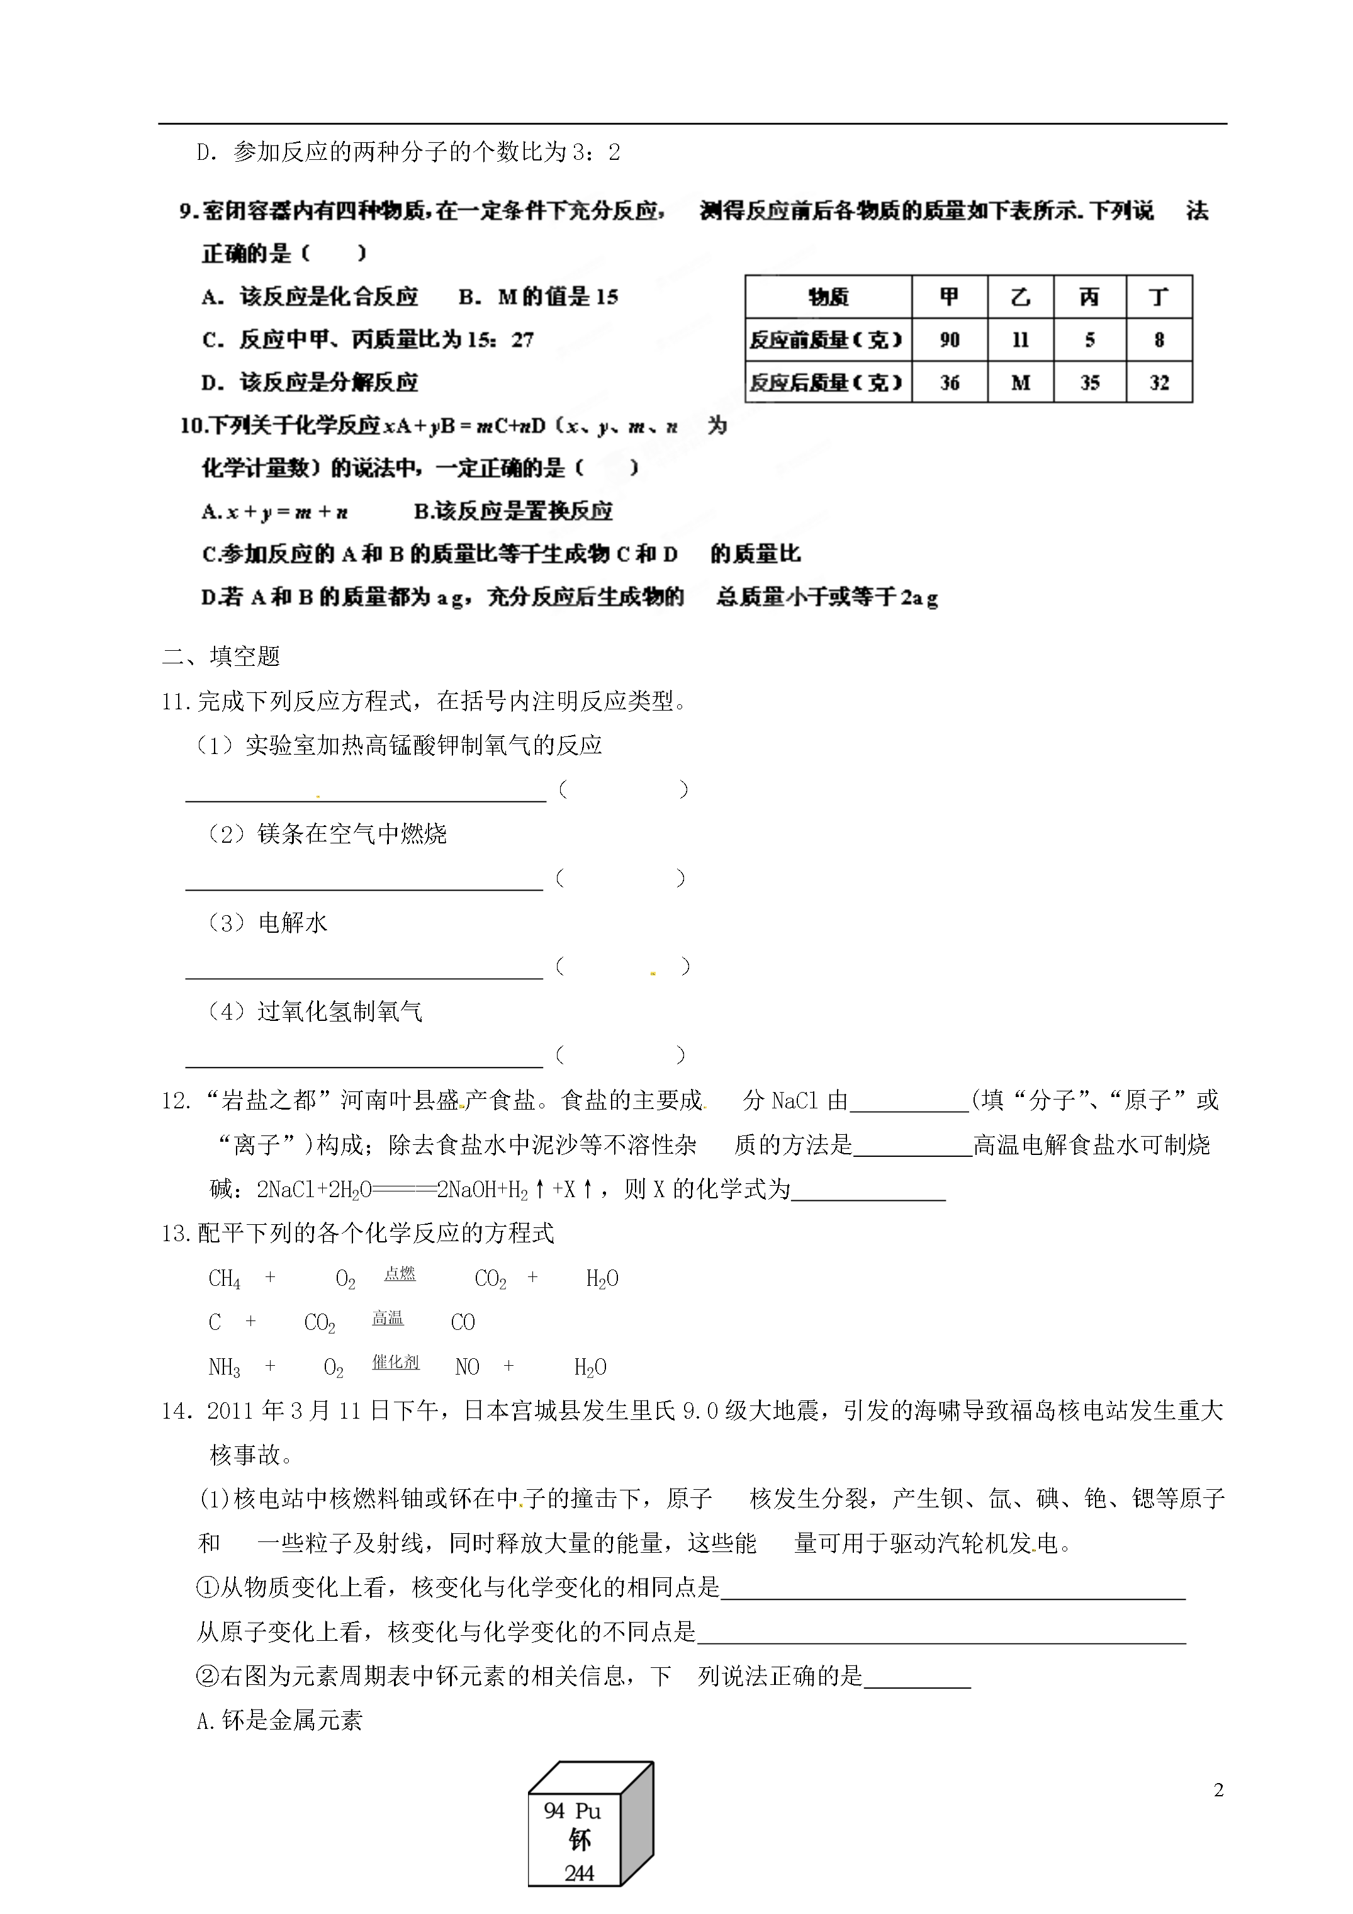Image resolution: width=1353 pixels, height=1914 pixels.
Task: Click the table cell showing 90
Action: pos(950,340)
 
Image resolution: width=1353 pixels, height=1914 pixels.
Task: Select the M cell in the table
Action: pos(1020,383)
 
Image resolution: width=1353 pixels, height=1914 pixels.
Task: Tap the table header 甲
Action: pos(950,297)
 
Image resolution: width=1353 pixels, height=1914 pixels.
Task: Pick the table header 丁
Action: pos(1159,297)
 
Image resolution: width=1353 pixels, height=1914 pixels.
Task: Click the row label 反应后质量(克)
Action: pos(826,383)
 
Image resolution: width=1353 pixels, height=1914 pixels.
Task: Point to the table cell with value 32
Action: pos(1159,383)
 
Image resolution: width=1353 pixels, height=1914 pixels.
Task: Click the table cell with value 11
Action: pos(1020,340)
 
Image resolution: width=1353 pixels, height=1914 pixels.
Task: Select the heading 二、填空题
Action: pos(221,656)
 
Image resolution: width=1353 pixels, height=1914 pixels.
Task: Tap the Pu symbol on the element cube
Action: pos(588,1811)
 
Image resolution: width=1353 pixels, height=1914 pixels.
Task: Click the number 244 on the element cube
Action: pos(578,1873)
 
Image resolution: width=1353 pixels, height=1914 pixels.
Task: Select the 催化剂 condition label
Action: pos(395,1361)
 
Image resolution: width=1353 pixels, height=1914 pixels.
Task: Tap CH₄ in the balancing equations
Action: pos(224,1280)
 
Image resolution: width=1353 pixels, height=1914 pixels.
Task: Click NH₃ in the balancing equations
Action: pos(224,1368)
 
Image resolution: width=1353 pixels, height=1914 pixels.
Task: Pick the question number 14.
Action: pos(177,1411)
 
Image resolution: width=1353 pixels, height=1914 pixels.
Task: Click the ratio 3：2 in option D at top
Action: pos(595,152)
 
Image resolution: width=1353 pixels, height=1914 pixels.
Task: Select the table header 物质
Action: pos(828,297)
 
